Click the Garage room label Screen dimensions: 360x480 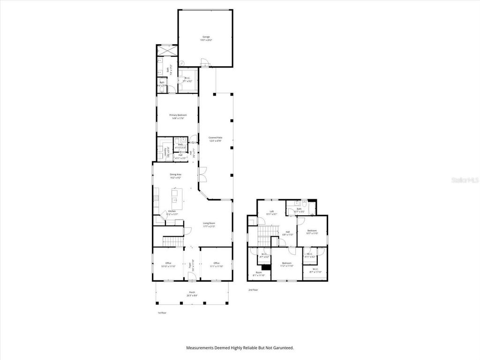coord(205,38)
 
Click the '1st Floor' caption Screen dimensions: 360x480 coord(162,313)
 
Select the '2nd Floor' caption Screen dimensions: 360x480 coord(254,290)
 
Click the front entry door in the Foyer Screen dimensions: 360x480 coord(192,280)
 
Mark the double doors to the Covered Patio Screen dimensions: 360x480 coord(202,175)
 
